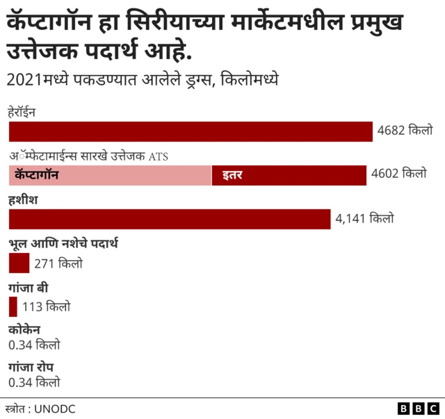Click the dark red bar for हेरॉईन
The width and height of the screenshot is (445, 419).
pyautogui.click(x=191, y=131)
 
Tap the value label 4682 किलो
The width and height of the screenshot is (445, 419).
pyautogui.click(x=405, y=130)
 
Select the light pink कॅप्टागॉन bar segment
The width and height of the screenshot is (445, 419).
pyautogui.click(x=110, y=176)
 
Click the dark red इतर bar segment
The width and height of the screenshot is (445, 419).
pyautogui.click(x=289, y=176)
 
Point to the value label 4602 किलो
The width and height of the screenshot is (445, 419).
pyautogui.click(x=398, y=174)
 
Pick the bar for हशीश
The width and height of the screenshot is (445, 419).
pyautogui.click(x=169, y=219)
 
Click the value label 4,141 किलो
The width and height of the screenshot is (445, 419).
pyautogui.click(x=364, y=218)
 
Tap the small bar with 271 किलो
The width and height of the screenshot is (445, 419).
pyautogui.click(x=19, y=263)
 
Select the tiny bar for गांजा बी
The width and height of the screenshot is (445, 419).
pyautogui.click(x=13, y=306)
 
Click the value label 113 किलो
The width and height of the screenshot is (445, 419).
pyautogui.click(x=46, y=306)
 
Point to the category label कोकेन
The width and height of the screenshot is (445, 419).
pyautogui.click(x=24, y=330)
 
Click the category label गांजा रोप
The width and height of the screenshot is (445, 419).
pyautogui.click(x=31, y=367)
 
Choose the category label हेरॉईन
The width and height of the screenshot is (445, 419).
pyautogui.click(x=22, y=112)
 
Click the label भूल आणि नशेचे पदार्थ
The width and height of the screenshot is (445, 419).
pyautogui.click(x=64, y=243)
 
